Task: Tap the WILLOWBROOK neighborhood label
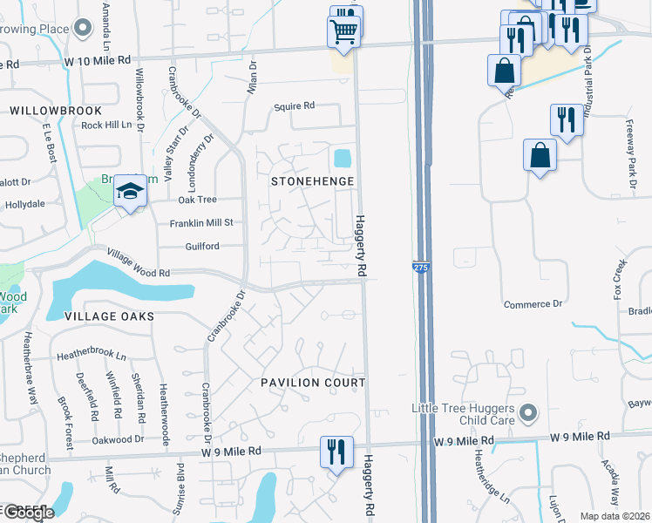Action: [x=56, y=112]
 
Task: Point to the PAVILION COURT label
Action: [x=313, y=383]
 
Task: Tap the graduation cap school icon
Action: [x=129, y=191]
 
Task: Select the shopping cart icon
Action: [x=344, y=32]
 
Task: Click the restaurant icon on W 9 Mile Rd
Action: [x=336, y=452]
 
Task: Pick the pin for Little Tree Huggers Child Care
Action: [x=526, y=411]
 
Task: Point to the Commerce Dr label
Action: [x=533, y=304]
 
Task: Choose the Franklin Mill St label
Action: [x=201, y=223]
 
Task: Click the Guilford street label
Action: [x=201, y=247]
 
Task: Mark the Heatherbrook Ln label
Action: [x=92, y=357]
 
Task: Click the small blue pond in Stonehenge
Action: [x=342, y=159]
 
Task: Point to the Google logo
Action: [x=27, y=513]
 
